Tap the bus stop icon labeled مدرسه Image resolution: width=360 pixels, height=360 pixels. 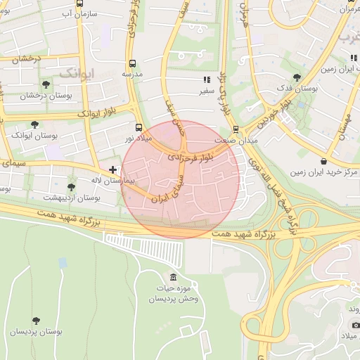(x=132, y=62)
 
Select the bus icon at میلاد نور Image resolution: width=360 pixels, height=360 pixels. (x=139, y=129)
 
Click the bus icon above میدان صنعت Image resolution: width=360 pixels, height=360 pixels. (x=236, y=129)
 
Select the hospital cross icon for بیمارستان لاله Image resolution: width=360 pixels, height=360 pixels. (x=112, y=169)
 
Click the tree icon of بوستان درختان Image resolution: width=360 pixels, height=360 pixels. (x=46, y=84)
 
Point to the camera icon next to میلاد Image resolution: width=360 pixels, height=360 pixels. (x=356, y=325)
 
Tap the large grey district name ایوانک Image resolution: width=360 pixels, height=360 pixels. (x=77, y=72)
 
